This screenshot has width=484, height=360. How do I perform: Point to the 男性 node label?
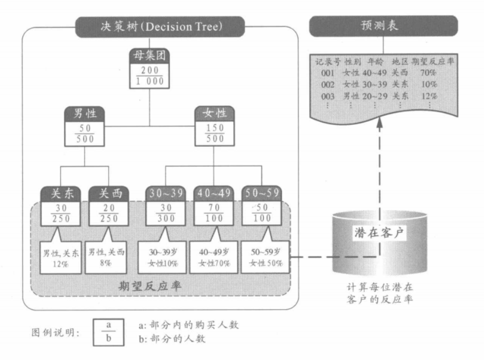pos(85,113)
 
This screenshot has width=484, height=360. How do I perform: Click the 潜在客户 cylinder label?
pos(378,231)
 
